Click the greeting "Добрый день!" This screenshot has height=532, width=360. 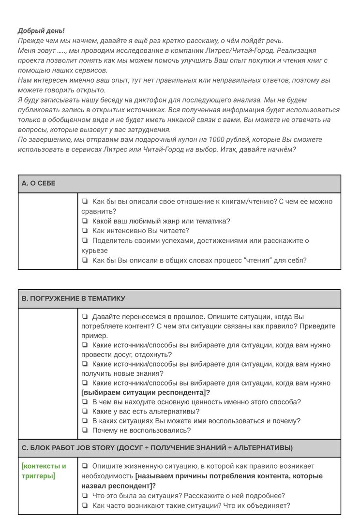point(41,30)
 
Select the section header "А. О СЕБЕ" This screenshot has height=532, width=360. point(39,184)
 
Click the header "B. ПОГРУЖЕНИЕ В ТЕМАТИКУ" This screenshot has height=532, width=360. point(73,299)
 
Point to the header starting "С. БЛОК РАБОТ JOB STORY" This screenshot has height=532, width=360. point(157,448)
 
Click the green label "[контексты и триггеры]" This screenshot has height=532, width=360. point(44,471)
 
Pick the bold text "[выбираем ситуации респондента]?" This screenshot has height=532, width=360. point(146,393)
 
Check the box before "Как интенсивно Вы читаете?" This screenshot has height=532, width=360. point(85,231)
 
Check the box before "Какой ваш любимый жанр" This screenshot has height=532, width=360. point(85,222)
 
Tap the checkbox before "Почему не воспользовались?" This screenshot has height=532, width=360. point(85,430)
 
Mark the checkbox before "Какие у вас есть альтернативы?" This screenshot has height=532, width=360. point(85,412)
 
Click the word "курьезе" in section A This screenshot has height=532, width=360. point(94,251)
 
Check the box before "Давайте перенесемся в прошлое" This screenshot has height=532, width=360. point(85,317)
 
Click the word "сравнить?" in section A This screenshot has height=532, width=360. point(98,211)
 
